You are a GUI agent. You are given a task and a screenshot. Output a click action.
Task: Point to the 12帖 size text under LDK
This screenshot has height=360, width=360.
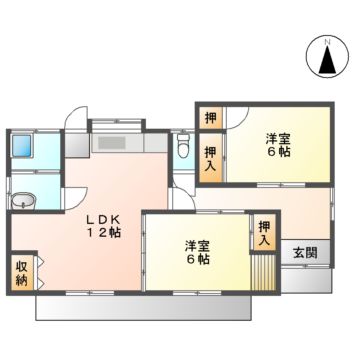click(x=102, y=233)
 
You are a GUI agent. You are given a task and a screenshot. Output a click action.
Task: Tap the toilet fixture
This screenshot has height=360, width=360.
click(x=181, y=147)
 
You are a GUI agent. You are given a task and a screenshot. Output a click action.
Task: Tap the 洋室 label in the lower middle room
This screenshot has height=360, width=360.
click(x=196, y=245)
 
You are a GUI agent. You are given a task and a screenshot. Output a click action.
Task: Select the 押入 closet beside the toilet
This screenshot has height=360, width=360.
click(x=210, y=159)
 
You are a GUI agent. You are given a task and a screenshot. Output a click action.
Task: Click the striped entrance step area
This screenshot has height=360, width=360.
click(x=263, y=270)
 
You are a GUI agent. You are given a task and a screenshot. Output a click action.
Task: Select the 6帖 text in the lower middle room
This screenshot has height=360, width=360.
click(x=197, y=260)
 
